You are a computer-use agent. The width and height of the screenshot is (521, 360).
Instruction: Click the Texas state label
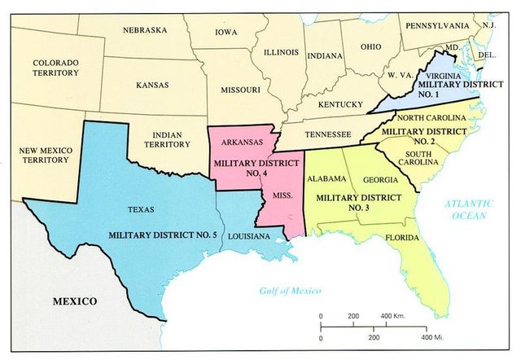pyautogui.click(x=141, y=209)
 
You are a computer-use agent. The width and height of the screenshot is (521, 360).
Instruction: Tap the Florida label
pyautogui.click(x=402, y=238)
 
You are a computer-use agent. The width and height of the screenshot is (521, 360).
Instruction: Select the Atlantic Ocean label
pyautogui.click(x=470, y=209)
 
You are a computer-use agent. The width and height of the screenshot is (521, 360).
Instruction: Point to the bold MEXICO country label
pyautogui.click(x=75, y=301)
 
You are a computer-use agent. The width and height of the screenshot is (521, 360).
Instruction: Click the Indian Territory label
pyautogui.click(x=160, y=144)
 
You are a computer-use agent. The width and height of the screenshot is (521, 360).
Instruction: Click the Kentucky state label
pyautogui.click(x=340, y=104)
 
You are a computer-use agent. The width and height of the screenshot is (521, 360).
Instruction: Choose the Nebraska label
pyautogui.click(x=145, y=31)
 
